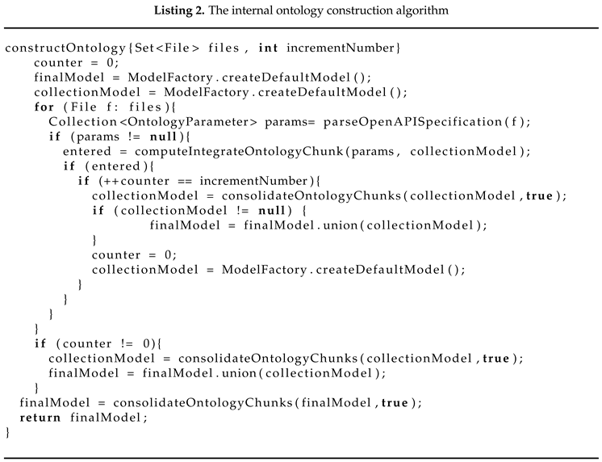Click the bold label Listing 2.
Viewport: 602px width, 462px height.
[179, 10]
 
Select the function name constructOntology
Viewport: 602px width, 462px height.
[65, 48]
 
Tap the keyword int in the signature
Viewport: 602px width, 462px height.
[268, 48]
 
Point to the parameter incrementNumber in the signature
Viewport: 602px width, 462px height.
[341, 48]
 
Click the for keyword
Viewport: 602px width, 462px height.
[44, 107]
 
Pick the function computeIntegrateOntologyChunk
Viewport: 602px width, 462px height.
[239, 151]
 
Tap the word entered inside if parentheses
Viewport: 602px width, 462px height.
[116, 166]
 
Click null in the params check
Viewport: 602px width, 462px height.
[163, 136]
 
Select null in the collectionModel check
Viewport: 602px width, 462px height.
[272, 210]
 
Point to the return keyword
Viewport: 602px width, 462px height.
[40, 418]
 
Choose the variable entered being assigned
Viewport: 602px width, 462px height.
[87, 151]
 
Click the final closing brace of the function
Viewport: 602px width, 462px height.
[8, 432]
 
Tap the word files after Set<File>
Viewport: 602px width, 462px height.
[224, 48]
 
